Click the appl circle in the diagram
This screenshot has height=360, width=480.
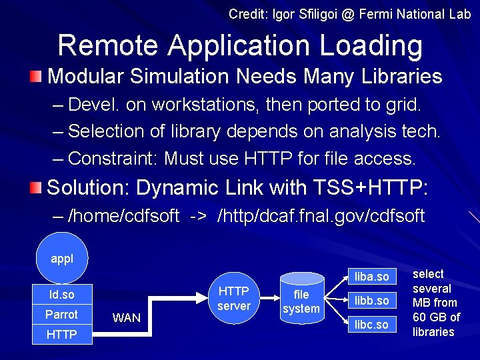(x=62, y=259)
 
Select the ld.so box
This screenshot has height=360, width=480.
(x=62, y=294)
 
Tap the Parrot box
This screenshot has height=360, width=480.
(x=62, y=314)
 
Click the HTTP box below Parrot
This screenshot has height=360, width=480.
(x=62, y=334)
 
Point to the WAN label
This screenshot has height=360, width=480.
(x=127, y=318)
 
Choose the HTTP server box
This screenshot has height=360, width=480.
(x=234, y=299)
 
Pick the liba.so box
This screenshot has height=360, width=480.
(x=372, y=276)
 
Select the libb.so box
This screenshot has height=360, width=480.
(x=372, y=300)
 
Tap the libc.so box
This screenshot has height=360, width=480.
(x=372, y=324)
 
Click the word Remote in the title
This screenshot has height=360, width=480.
(x=109, y=46)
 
